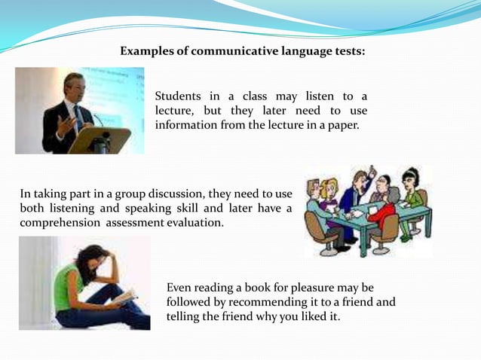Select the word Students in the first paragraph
pos(179,96)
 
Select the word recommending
pos(266,303)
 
